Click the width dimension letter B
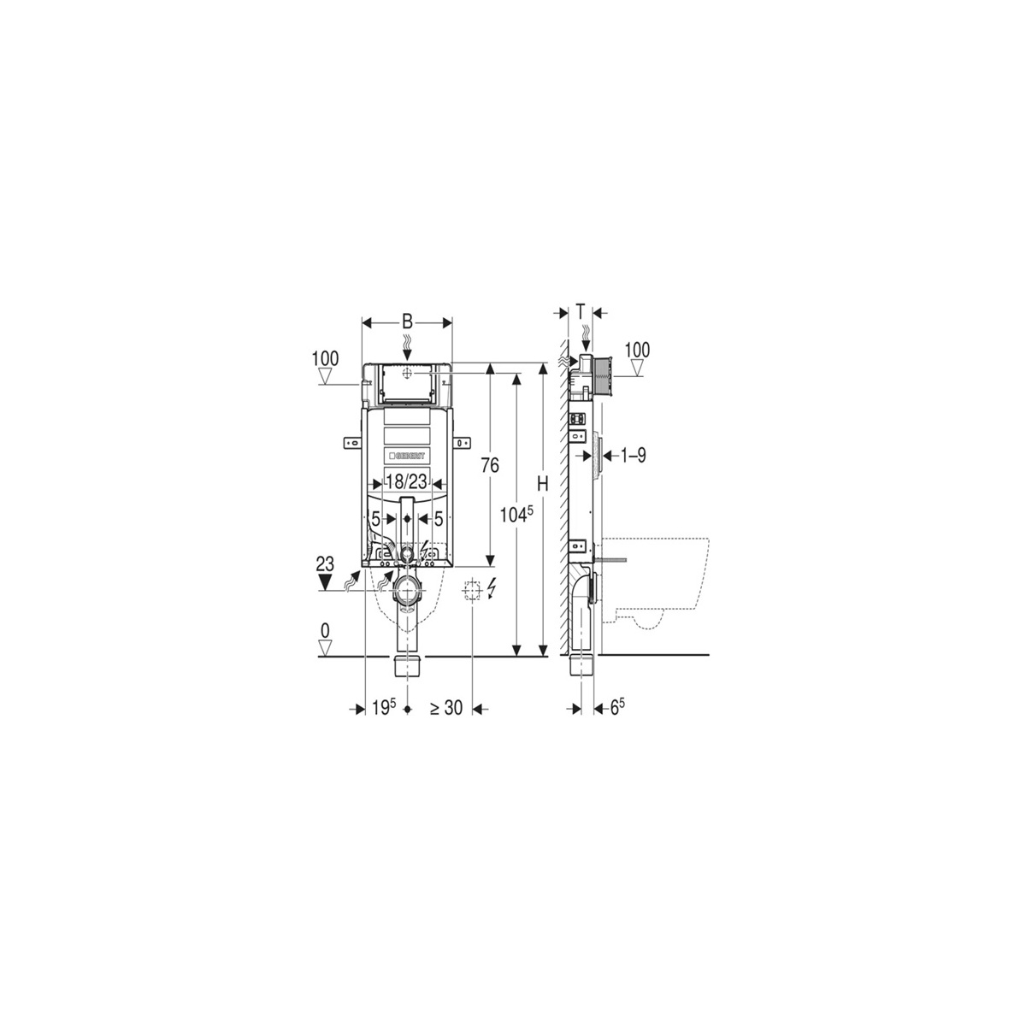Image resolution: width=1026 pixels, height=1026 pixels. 407,321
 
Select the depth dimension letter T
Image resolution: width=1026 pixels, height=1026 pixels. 581,312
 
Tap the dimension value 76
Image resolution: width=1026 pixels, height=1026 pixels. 490,465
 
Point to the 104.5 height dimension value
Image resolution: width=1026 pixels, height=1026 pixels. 516,516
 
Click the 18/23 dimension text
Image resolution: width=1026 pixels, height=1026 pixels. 407,481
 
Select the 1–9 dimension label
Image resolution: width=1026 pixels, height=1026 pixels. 633,455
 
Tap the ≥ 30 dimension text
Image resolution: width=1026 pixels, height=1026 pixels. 446,708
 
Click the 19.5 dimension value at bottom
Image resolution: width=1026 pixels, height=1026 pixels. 384,708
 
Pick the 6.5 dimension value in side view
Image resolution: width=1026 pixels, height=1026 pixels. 617,708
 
